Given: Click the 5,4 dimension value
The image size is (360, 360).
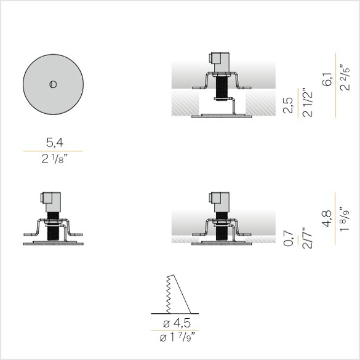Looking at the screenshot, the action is click(x=55, y=143).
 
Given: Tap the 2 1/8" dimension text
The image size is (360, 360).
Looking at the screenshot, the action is click(x=55, y=159).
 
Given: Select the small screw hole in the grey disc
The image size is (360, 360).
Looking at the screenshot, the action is click(x=53, y=84).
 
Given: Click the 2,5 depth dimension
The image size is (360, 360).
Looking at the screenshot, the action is click(x=289, y=105).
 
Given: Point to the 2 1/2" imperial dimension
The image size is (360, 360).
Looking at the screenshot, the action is click(x=307, y=103).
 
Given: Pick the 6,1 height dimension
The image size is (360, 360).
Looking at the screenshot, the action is click(x=327, y=79).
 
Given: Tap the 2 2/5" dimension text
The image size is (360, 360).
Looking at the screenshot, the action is click(x=345, y=78).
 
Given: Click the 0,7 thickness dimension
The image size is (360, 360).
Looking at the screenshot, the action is click(x=289, y=239).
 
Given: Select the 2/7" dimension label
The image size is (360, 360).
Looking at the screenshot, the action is click(x=307, y=238).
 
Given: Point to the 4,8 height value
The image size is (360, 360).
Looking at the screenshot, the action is click(x=327, y=218).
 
